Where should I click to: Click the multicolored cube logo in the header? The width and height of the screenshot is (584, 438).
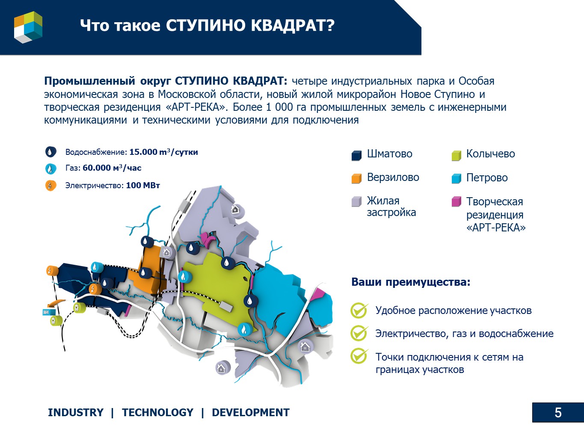(28, 27)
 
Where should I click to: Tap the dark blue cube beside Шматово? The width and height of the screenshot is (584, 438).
(356, 155)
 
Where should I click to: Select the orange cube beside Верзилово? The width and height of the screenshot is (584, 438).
(356, 178)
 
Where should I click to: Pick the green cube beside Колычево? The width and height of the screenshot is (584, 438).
(457, 155)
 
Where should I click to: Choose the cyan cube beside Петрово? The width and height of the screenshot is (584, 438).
(457, 178)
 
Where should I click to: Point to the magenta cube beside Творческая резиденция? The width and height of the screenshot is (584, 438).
(457, 201)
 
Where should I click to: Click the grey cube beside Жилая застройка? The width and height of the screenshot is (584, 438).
(356, 201)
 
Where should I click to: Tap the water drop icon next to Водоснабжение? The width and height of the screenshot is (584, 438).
(50, 152)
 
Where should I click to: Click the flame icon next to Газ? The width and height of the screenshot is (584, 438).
(50, 169)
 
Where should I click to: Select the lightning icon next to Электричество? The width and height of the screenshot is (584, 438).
(50, 185)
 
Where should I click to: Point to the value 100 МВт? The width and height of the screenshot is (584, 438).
(143, 185)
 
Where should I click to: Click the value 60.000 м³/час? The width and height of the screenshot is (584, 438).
(112, 168)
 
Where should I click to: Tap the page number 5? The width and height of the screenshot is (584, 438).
(558, 413)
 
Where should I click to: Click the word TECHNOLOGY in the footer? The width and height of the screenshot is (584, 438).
(157, 412)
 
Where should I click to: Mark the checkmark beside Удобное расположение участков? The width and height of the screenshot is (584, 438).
(359, 311)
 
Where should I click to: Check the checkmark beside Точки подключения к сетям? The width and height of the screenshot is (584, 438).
(359, 356)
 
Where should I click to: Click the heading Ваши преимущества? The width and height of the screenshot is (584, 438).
(411, 282)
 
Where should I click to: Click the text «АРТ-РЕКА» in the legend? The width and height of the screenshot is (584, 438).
(496, 228)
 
